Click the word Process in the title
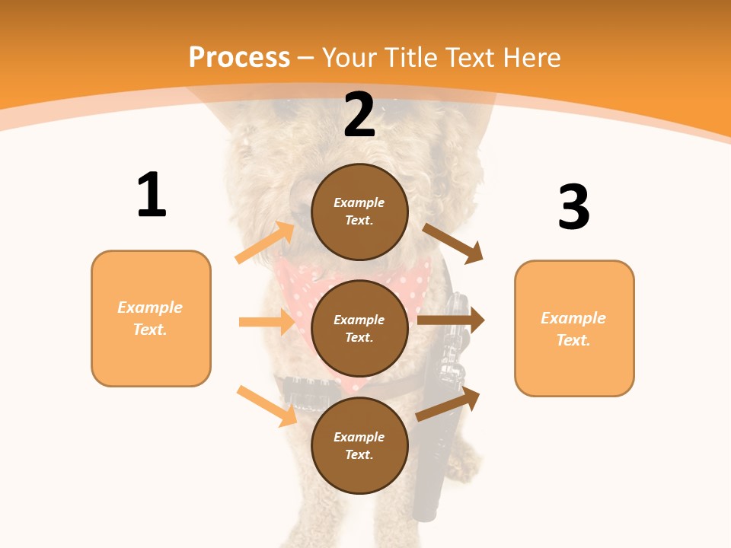[239, 57]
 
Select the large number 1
[152, 195]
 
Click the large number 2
[359, 115]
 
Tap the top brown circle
[359, 212]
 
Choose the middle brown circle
[359, 329]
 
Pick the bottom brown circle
[359, 446]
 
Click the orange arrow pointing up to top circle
[265, 243]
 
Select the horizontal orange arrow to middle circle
[267, 322]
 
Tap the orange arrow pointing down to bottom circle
[267, 405]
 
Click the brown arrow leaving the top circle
[454, 243]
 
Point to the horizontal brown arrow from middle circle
[451, 320]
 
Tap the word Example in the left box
[150, 307]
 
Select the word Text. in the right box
[573, 340]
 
